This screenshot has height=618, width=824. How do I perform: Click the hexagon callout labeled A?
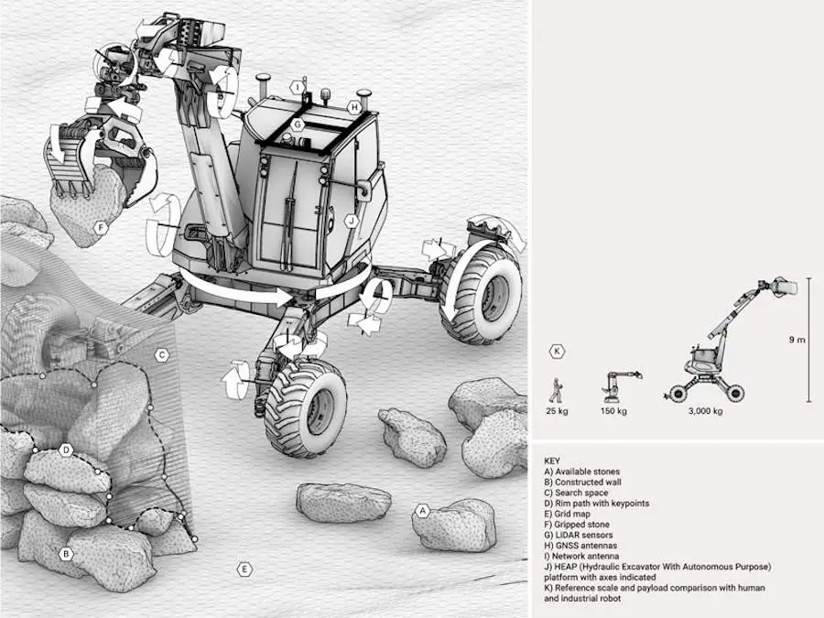point(422,511)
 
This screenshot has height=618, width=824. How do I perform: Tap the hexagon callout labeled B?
point(65,553)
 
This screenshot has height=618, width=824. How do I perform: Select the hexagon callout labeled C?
point(161,355)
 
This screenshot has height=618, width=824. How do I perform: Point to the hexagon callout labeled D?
point(66,450)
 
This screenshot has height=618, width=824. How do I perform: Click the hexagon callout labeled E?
point(244,569)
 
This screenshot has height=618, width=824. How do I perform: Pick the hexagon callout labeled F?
point(101,226)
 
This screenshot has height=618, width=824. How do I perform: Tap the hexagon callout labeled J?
point(350,221)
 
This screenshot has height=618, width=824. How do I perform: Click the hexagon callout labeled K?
point(557,351)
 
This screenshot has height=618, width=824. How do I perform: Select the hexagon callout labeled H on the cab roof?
point(353,107)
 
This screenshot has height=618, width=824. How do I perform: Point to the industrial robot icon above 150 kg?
point(616,386)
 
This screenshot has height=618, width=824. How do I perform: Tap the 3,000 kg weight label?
point(705,411)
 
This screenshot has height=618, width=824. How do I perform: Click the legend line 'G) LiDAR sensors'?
point(578,535)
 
